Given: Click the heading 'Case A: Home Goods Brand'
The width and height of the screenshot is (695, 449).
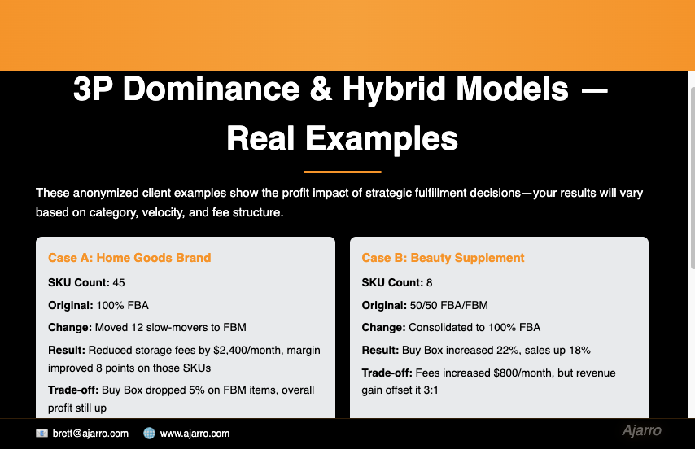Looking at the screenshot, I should coord(129,258).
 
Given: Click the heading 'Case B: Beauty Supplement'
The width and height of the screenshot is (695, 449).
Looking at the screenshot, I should coord(443,258).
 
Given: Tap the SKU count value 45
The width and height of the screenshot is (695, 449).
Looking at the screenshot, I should coord(119,283).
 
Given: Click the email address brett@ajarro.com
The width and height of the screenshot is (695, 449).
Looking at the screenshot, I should coord(90,434).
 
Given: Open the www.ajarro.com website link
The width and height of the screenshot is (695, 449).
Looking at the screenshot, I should coord(195,434).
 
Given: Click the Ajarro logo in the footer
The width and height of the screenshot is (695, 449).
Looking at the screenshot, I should coord(641,431).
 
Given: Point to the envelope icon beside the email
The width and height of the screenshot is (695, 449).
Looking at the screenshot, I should coord(42,434).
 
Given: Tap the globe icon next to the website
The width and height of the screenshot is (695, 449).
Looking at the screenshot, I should coord(149,434).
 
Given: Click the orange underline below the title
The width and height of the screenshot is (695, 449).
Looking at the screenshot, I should coord(342,172).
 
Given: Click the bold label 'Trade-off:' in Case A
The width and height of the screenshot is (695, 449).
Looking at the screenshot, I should coord(73,390).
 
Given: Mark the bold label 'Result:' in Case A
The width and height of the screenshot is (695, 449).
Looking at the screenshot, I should coord(67,351).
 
